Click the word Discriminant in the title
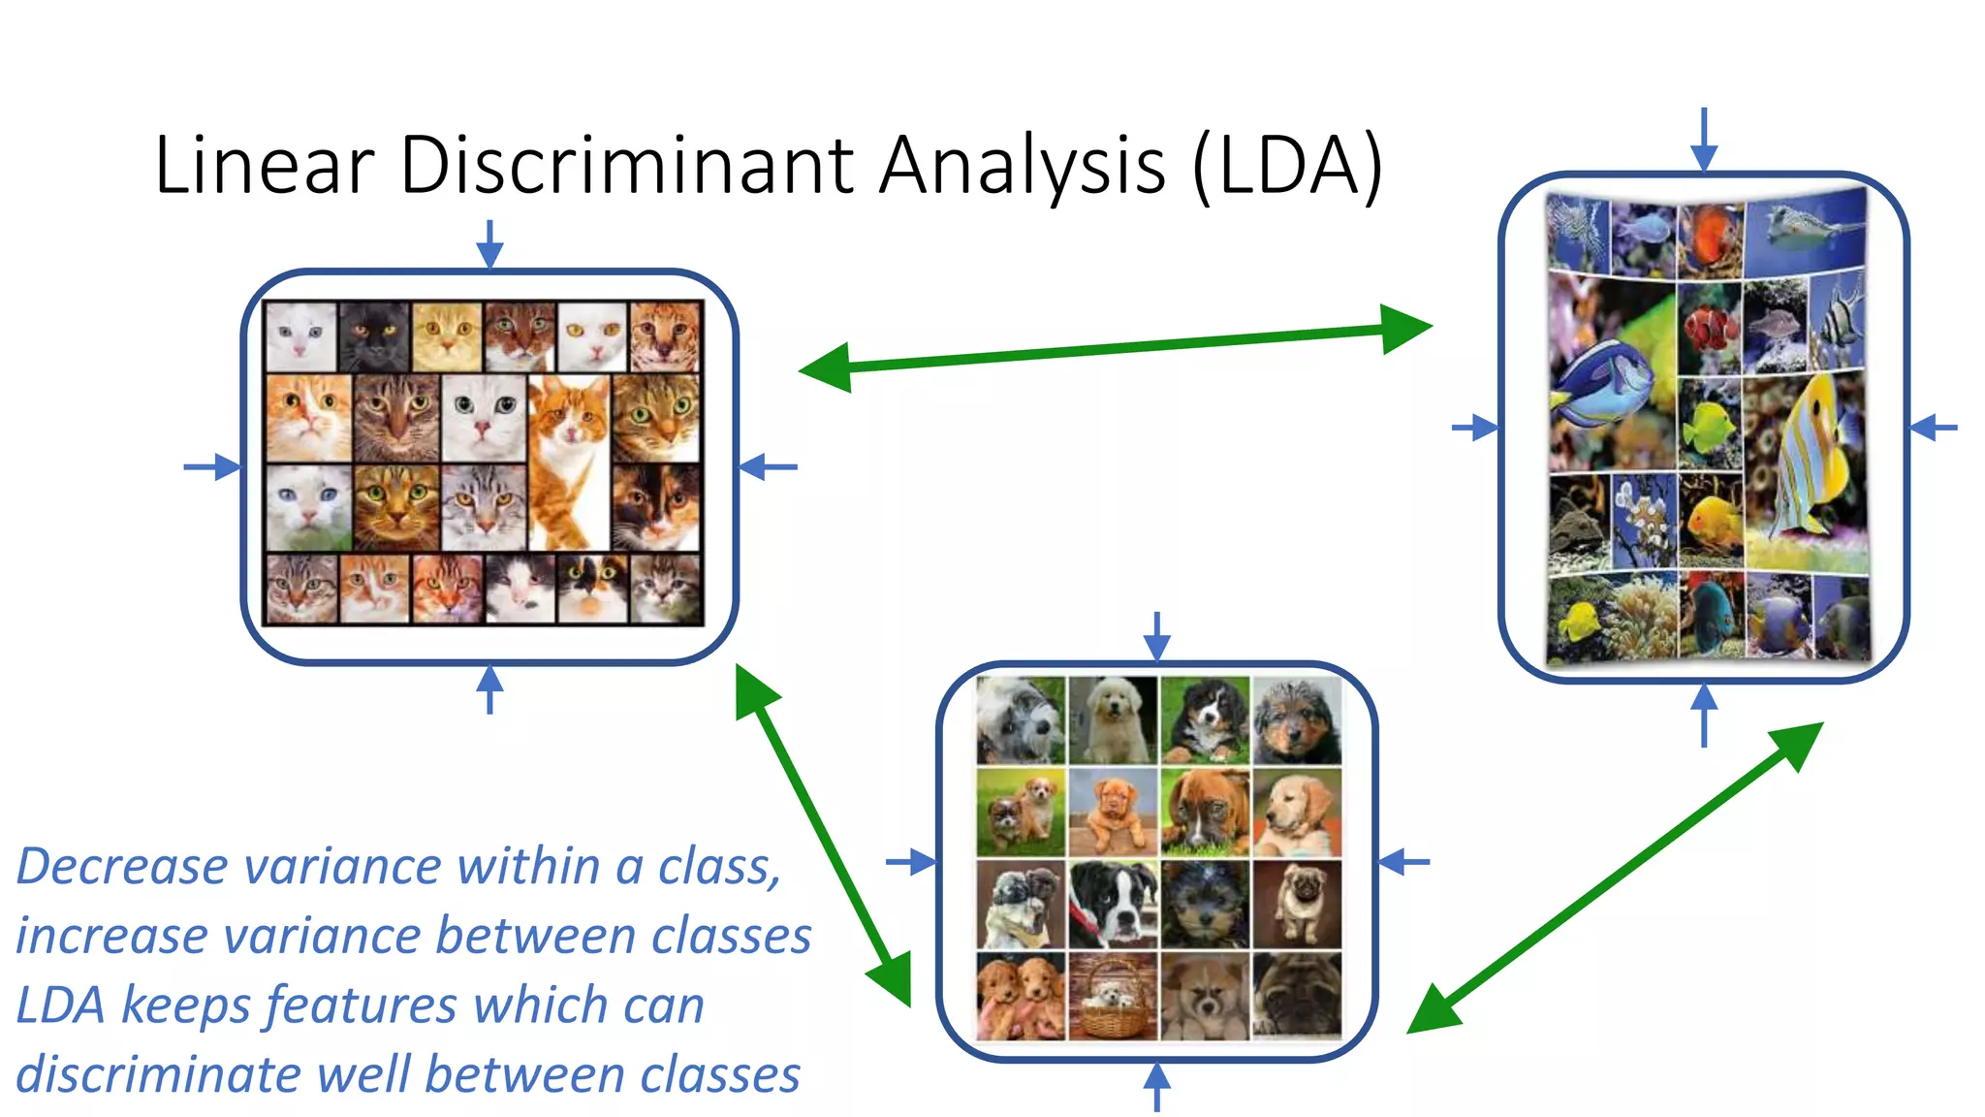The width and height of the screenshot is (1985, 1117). pyautogui.click(x=625, y=165)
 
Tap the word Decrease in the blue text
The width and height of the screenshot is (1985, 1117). pyautogui.click(x=122, y=866)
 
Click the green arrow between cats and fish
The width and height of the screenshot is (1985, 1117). pyautogui.click(x=1115, y=348)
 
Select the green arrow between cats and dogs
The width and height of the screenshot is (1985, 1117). pyautogui.click(x=823, y=834)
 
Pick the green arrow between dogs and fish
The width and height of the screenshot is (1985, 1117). pyautogui.click(x=1615, y=878)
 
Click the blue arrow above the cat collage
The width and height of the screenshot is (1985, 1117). pyautogui.click(x=489, y=243)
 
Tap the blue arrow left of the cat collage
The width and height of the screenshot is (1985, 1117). pyautogui.click(x=211, y=467)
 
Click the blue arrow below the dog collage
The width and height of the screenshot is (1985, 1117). pyautogui.click(x=1156, y=1085)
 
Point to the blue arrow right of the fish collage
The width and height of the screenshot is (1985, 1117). pyautogui.click(x=1934, y=427)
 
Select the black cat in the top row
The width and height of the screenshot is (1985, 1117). pyautogui.click(x=373, y=335)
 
